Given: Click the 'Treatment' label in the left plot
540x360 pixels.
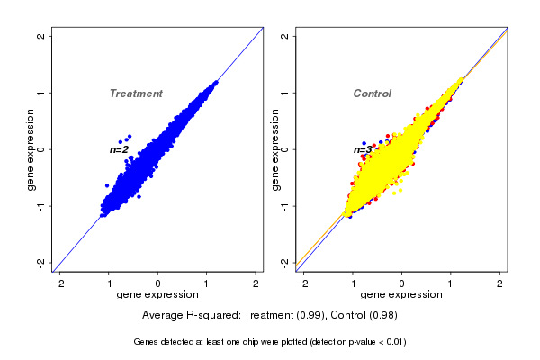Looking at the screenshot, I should coord(136,94).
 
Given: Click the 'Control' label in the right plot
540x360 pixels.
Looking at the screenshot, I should coord(372,94).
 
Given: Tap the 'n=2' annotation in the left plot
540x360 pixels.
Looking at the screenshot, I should coord(119,149).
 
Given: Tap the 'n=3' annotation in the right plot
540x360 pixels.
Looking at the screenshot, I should coord(363,149).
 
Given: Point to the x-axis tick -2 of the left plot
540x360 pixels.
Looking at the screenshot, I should coord(60,283).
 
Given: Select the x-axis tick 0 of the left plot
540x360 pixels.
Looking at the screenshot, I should coord(158,283).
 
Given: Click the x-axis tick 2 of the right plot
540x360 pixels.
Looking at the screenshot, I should coord(500,283).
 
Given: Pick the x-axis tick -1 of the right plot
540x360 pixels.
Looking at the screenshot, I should coord(352,283).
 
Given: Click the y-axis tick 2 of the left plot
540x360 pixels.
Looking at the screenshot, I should coord(41,36).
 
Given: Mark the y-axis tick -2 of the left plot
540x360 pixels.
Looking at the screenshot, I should coord(41,262).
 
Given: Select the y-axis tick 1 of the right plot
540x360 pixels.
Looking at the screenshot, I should coord(285,93).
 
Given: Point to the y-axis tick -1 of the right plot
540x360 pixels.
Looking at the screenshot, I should coord(285,205).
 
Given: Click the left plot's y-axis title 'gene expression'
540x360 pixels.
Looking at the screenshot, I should coord(31,149).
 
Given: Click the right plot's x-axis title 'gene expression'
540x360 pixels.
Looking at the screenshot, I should coord(402,294).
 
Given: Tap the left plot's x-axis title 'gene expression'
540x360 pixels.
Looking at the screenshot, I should coord(158,294).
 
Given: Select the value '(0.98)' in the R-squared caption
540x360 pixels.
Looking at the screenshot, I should coord(382,315).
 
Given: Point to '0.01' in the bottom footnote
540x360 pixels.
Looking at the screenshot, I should coord(392,342).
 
